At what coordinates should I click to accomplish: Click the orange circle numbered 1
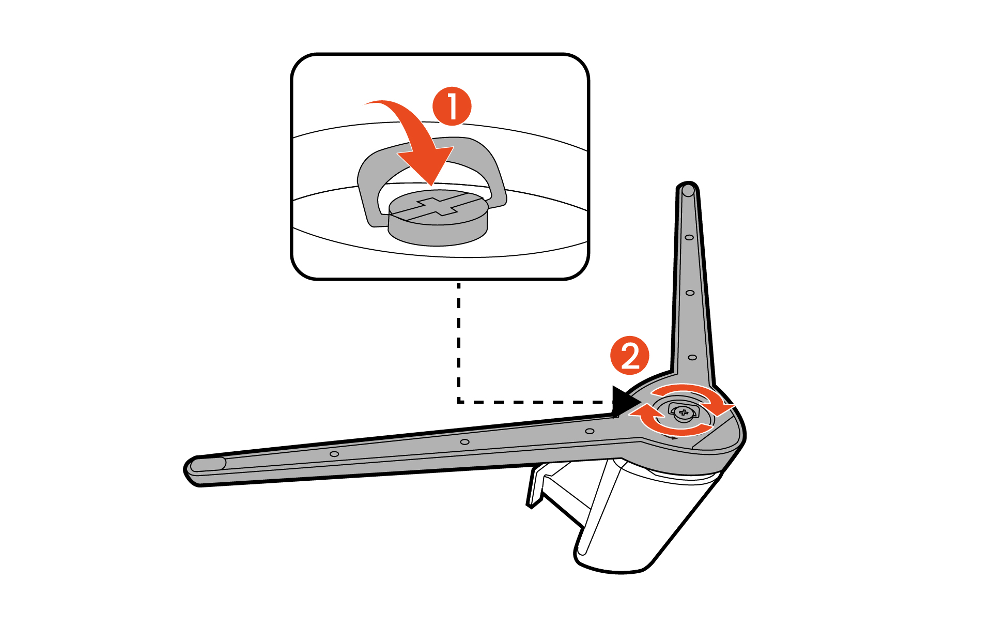[x=452, y=106]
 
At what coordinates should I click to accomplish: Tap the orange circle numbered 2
[x=630, y=356]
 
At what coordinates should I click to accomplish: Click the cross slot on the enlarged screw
[x=438, y=207]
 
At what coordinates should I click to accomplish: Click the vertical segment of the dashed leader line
[x=459, y=341]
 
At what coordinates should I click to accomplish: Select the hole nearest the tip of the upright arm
[x=689, y=237]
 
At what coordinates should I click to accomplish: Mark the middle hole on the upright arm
[x=690, y=293]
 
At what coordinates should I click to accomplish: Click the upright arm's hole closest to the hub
[x=692, y=357]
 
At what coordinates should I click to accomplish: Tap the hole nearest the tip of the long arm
[x=334, y=454]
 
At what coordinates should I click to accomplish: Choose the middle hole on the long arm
[x=464, y=442]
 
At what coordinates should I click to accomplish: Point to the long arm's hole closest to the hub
[x=590, y=431]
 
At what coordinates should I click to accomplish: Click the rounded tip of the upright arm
[x=688, y=190]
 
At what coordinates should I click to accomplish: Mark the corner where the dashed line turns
[x=459, y=401]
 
